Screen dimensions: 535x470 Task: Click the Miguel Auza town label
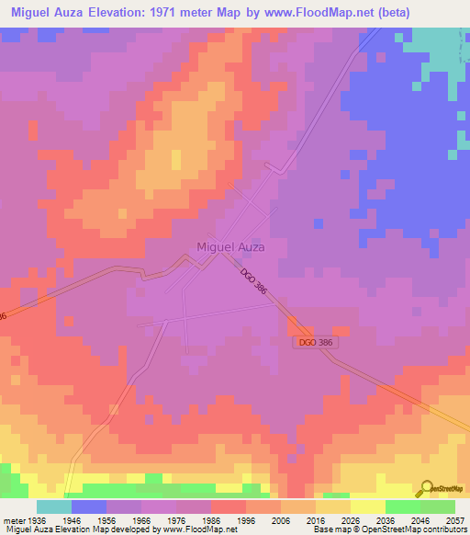tap(230, 246)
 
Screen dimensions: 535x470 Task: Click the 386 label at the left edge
tap(3, 315)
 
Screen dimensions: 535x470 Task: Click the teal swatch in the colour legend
tap(53, 507)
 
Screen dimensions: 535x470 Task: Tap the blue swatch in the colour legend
tap(88, 507)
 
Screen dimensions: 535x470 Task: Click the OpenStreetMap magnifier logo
tap(425, 488)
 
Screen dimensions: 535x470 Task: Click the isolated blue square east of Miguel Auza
tap(318, 223)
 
